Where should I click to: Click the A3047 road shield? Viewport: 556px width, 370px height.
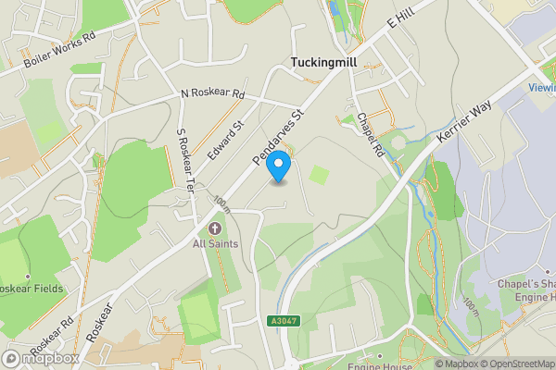coord(286,320)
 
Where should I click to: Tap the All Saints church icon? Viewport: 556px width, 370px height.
coord(215,228)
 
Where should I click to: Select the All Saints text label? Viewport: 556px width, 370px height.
coord(215,243)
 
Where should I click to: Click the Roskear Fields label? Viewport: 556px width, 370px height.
coord(32,288)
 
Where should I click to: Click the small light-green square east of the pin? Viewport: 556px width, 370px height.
coord(319,174)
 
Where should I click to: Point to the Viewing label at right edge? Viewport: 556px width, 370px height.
coord(541,88)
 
